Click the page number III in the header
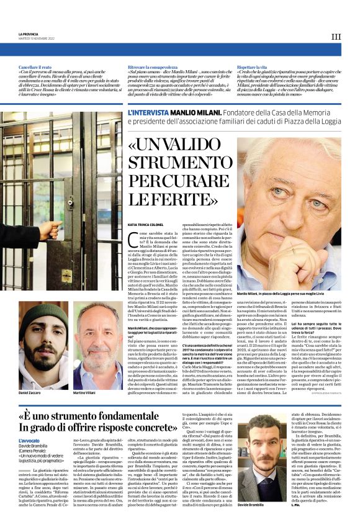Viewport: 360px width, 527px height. pos(336,37)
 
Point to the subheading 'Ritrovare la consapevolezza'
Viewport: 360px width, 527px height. pos(151,66)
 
